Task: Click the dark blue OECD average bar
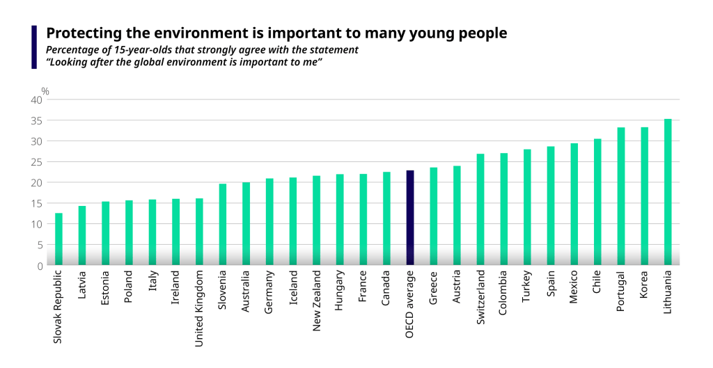pyautogui.click(x=410, y=218)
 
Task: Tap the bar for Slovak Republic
pyautogui.click(x=58, y=239)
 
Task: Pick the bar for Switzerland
pyautogui.click(x=480, y=209)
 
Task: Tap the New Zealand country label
pyautogui.click(x=317, y=299)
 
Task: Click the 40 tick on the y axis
pyautogui.click(x=36, y=100)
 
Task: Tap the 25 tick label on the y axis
pyautogui.click(x=36, y=162)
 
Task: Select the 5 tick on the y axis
pyautogui.click(x=39, y=245)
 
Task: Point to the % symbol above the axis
pyautogui.click(x=45, y=90)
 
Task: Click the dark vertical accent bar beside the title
pyautogui.click(x=34, y=47)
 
